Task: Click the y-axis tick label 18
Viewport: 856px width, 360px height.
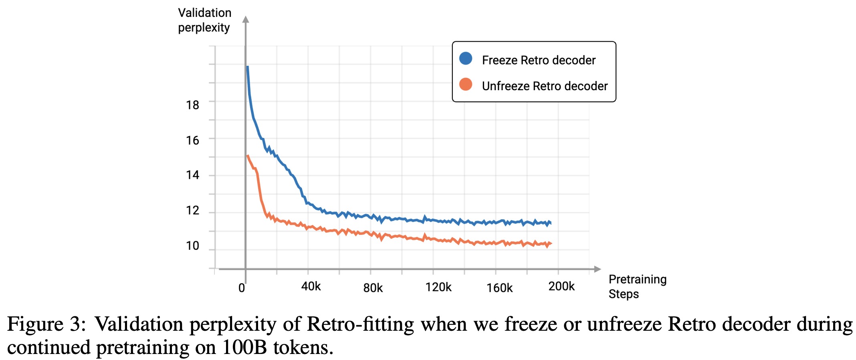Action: click(x=192, y=105)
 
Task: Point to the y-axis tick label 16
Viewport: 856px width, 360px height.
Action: click(x=192, y=140)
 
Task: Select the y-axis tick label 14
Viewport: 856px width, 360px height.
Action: click(x=192, y=175)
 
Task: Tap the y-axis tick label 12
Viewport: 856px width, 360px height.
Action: click(x=192, y=210)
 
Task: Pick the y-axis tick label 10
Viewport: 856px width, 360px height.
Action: click(x=192, y=245)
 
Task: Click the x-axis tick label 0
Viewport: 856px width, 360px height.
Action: click(x=242, y=288)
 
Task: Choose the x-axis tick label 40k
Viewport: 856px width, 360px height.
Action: click(x=311, y=286)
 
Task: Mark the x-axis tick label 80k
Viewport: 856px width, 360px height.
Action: click(x=373, y=288)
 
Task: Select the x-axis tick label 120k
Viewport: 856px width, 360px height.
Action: click(x=438, y=287)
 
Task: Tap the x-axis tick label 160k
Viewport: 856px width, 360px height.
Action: click(x=499, y=288)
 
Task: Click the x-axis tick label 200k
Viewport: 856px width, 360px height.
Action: click(x=561, y=286)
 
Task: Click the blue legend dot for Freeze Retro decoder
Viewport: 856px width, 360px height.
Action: click(x=466, y=59)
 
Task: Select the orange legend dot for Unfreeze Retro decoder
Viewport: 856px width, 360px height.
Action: click(x=466, y=85)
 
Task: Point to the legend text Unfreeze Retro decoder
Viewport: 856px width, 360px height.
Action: click(x=545, y=86)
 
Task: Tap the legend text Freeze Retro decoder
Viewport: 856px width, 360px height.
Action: click(x=539, y=60)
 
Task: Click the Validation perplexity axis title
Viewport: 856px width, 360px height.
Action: click(x=204, y=20)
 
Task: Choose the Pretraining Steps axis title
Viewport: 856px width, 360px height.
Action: click(x=637, y=287)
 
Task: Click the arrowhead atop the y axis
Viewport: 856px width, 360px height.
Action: click(x=246, y=19)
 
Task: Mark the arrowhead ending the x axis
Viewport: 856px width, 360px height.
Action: click(x=598, y=269)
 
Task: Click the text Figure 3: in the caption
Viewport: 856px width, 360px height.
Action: click(x=46, y=324)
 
